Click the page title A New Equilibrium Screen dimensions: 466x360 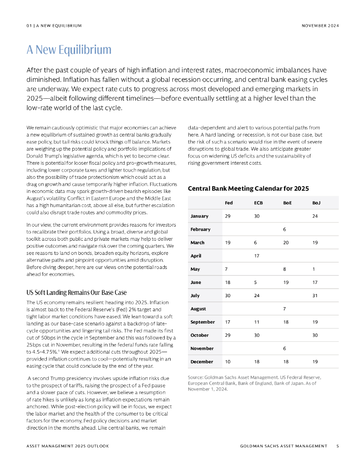click(69, 50)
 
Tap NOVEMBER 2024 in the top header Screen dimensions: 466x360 click(320, 25)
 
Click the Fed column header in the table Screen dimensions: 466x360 click(229, 203)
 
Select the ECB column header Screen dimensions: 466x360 click(258, 203)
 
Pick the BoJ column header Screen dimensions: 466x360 click(316, 203)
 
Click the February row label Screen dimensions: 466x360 click(200, 229)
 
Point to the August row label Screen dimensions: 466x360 click(198, 309)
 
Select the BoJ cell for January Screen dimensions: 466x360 click(315, 216)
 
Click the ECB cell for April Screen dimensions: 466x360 click(257, 256)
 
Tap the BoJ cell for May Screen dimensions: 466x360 click(314, 269)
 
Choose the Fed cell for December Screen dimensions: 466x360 click(228, 362)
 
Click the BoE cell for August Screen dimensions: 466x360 click(284, 309)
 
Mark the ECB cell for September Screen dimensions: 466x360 click(257, 322)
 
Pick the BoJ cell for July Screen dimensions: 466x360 click(315, 296)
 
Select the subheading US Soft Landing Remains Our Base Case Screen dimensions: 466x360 click(76, 293)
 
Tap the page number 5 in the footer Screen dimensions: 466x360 click(338, 446)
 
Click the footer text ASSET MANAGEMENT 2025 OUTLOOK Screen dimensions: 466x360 click(67, 446)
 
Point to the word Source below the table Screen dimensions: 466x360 click(195, 377)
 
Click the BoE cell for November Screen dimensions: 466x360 click(284, 349)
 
